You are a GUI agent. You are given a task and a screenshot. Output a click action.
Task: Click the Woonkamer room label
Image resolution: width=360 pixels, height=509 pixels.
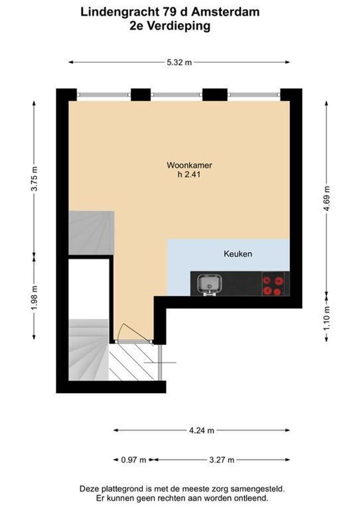tap(189, 165)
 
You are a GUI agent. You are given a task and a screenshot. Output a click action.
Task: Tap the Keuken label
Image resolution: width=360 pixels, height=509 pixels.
tap(237, 254)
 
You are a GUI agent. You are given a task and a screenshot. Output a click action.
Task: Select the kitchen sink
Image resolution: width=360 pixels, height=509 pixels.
tap(208, 284)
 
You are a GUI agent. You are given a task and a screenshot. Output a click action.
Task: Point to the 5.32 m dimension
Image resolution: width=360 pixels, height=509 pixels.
tap(179, 62)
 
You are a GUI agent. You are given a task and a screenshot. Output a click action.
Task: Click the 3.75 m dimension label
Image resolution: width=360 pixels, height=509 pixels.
tap(33, 180)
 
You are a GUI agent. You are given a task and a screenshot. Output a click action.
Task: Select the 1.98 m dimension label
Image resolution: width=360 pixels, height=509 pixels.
tap(33, 298)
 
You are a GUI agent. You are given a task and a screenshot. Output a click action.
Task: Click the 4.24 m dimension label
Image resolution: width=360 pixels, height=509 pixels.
tap(202, 430)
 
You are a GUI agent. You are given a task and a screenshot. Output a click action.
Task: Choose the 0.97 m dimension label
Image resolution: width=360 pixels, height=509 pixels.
tap(134, 460)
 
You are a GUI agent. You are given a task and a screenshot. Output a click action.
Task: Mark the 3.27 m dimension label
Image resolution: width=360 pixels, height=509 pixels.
tap(221, 460)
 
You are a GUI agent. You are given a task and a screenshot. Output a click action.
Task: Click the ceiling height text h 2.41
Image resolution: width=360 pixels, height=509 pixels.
tap(189, 174)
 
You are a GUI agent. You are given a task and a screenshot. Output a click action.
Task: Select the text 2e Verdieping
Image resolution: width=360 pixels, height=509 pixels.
tap(170, 26)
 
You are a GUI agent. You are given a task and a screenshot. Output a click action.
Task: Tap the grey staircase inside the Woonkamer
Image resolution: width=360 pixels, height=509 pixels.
tap(91, 233)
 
